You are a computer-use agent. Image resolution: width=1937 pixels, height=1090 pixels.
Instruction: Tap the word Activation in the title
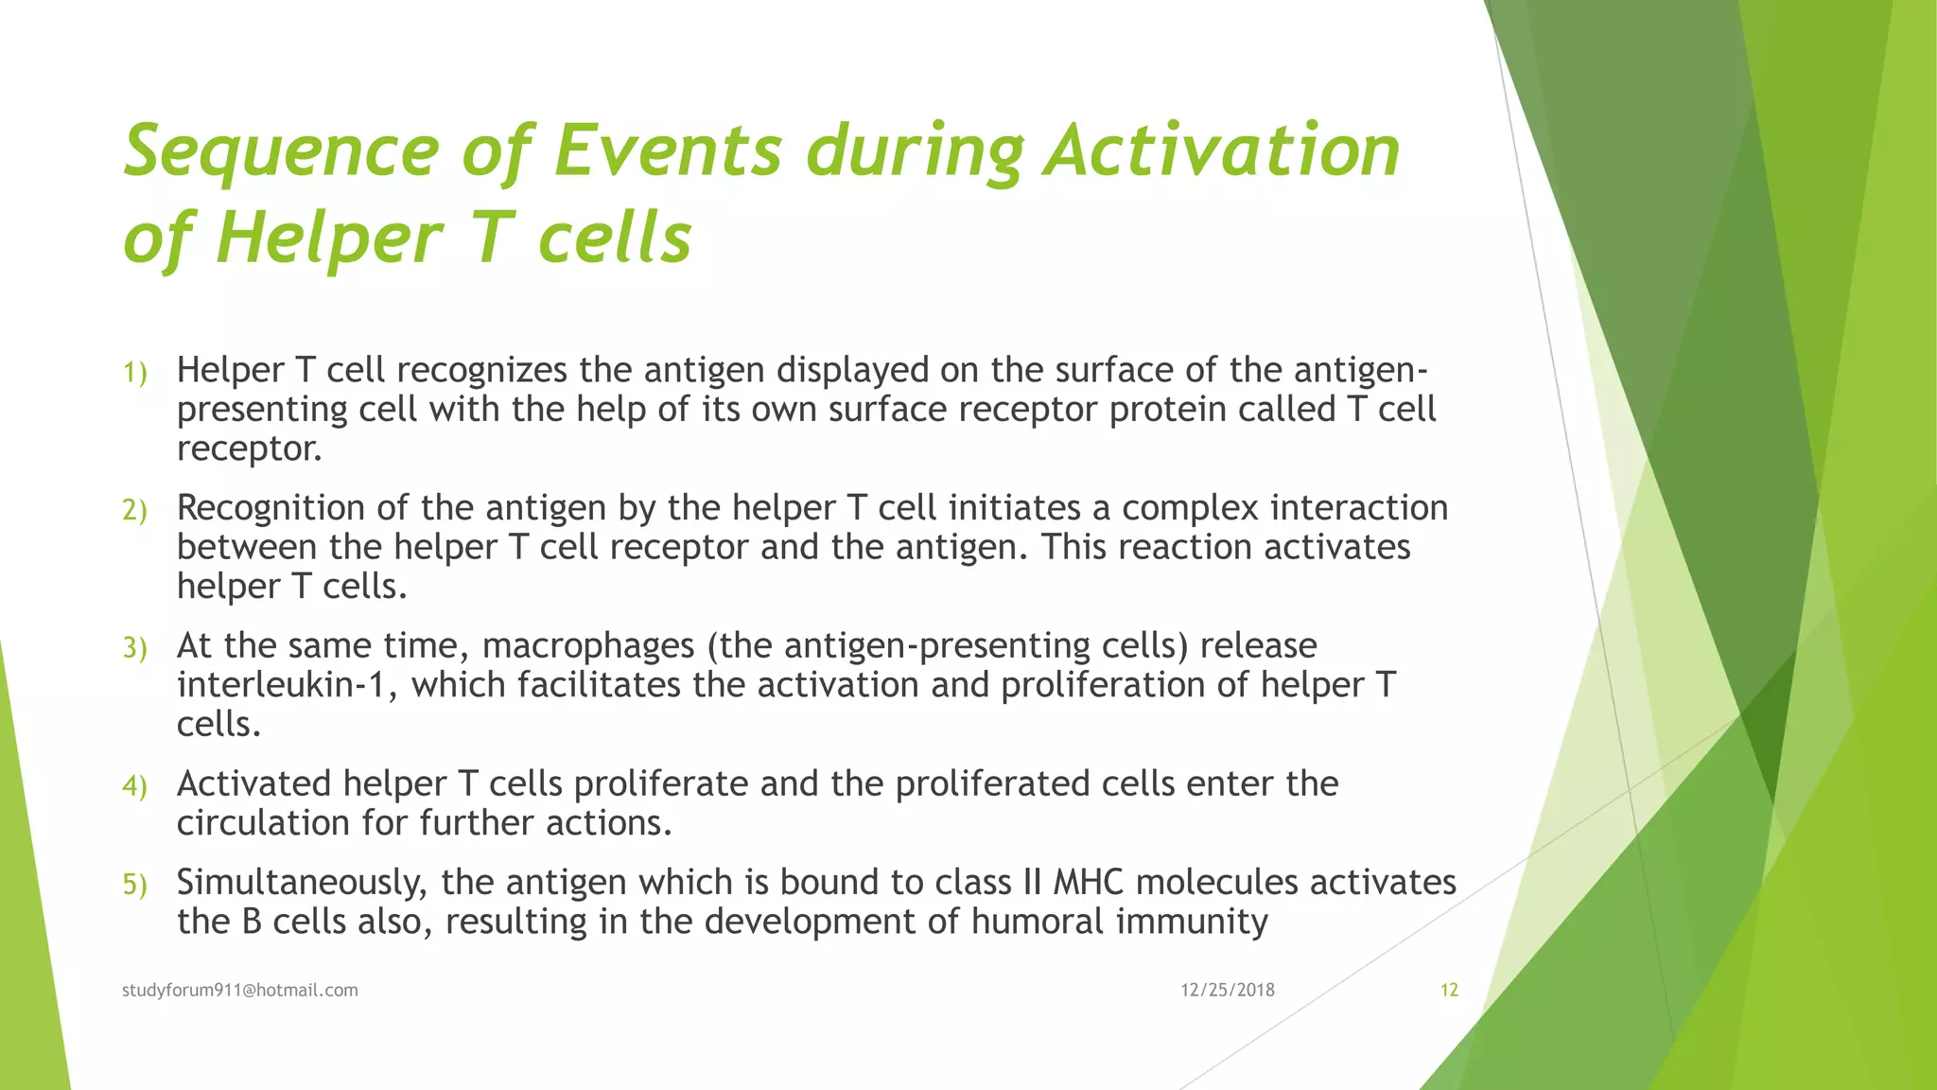[1221, 151]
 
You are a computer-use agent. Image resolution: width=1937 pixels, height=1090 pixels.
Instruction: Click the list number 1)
[135, 373]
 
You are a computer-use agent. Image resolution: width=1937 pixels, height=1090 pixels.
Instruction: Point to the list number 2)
[135, 511]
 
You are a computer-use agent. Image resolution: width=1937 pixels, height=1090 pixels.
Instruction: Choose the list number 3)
[135, 648]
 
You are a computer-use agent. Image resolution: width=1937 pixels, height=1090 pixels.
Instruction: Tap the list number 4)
[135, 786]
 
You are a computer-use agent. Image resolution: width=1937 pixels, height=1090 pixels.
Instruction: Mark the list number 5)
[135, 885]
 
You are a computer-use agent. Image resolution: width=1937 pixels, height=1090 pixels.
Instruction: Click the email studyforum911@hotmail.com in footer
[240, 990]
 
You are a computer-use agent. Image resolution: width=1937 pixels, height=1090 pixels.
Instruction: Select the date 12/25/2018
[1228, 990]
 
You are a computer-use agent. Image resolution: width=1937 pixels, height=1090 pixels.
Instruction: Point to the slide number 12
[1449, 990]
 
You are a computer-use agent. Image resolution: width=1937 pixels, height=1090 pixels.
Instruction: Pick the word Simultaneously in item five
[302, 883]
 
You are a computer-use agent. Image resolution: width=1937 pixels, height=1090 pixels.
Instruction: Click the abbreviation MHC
[1088, 882]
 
